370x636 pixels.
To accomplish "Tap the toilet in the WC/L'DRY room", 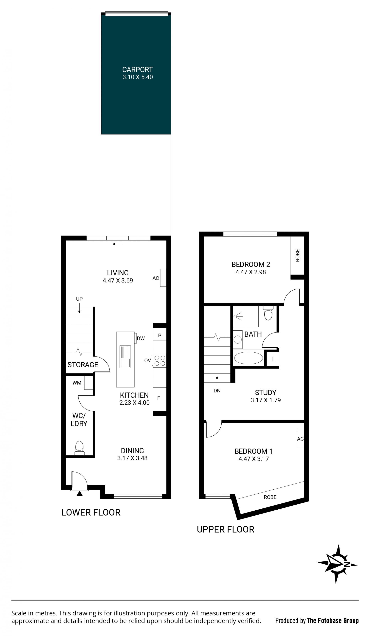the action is [79, 448].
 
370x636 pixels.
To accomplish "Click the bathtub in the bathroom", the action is [248, 358].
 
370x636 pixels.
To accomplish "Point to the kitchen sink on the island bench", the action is [125, 357].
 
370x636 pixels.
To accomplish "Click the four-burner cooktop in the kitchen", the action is [160, 360].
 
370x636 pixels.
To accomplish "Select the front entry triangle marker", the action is [80, 493].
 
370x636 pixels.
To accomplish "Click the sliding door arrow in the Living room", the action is [118, 244].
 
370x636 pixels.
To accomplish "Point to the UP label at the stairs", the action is [79, 299].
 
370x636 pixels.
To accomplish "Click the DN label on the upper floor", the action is [217, 390].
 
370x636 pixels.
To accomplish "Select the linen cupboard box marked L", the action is [273, 359].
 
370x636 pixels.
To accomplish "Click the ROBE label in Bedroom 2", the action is [297, 255].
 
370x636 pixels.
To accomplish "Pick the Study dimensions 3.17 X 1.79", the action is [266, 400].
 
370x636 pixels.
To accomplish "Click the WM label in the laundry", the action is [77, 383].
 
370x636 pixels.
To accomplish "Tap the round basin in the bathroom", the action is [237, 339].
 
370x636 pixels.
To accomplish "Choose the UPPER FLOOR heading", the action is [225, 529].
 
